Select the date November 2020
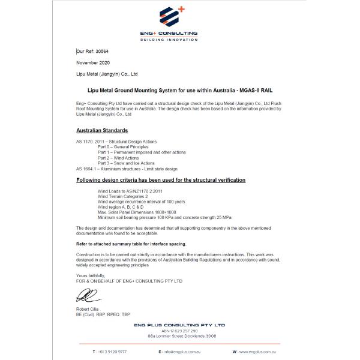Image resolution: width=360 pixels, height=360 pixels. click(x=94, y=62)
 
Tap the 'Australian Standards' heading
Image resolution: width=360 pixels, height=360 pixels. click(x=102, y=130)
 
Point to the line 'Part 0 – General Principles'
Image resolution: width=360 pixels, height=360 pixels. click(x=122, y=146)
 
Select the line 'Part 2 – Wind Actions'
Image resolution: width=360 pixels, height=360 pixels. click(x=118, y=158)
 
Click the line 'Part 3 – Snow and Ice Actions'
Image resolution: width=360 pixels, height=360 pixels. click(x=126, y=163)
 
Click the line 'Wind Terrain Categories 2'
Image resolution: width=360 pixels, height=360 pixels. click(x=122, y=196)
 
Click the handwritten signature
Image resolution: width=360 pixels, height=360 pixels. click(x=85, y=296)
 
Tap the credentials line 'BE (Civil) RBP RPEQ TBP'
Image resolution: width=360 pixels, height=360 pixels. click(x=103, y=314)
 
